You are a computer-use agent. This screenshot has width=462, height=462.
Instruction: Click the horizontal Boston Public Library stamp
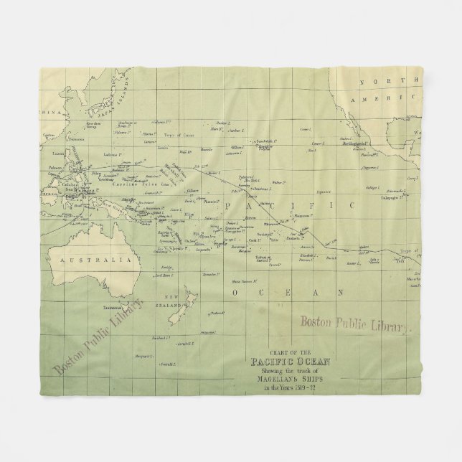[x=354, y=324]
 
